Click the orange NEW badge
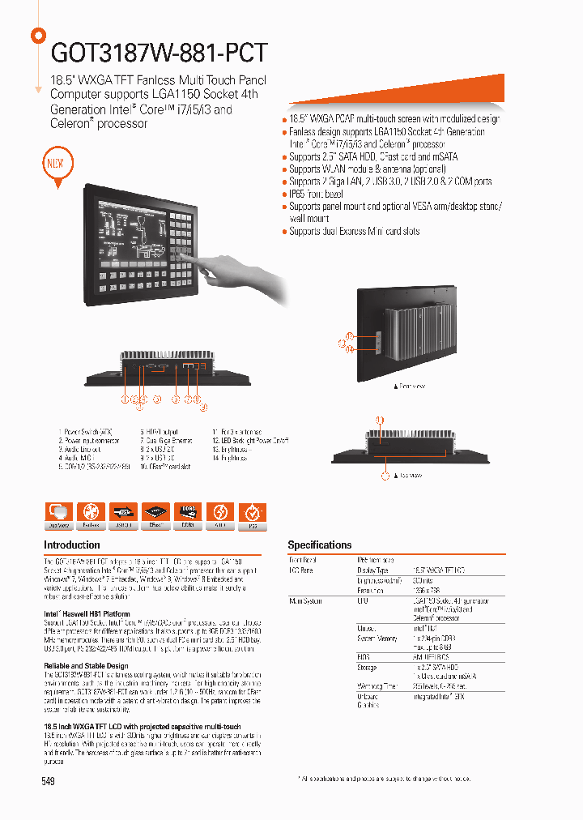pos(55,162)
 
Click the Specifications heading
pos(320,545)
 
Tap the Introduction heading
pos(72,545)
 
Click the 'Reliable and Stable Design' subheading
pos(86,666)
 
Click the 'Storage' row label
pos(367,668)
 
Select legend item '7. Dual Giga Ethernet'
pos(170,441)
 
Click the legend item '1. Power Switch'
pos(86,432)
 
